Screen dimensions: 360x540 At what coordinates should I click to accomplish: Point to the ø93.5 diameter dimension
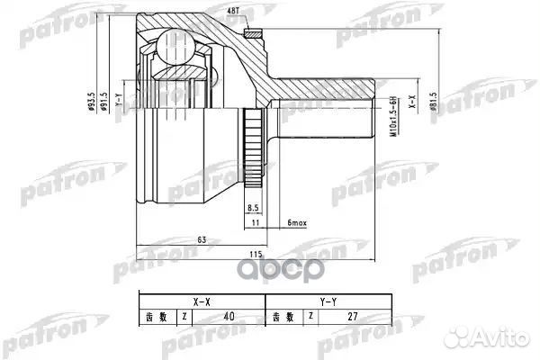click(x=90, y=102)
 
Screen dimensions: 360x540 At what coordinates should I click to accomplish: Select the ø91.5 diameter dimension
click(x=104, y=102)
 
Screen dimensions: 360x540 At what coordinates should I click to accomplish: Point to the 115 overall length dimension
click(x=255, y=255)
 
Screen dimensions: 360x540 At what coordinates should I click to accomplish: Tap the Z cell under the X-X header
click(x=184, y=317)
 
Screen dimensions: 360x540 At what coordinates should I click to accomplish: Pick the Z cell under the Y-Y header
click(x=309, y=317)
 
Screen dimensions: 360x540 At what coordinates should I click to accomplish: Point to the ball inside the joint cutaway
click(x=167, y=45)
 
